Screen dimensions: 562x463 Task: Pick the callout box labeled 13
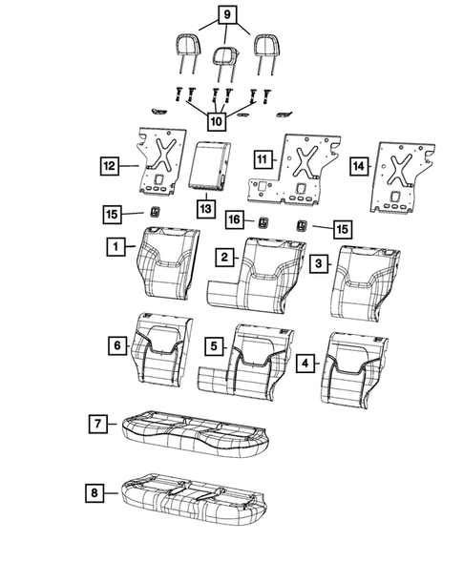click(x=204, y=206)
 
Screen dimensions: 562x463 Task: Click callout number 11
click(x=262, y=157)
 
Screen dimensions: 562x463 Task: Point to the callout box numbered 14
click(x=357, y=166)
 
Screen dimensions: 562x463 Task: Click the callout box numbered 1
click(x=113, y=246)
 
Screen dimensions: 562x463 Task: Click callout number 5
click(x=217, y=343)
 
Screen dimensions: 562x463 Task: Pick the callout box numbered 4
click(x=306, y=363)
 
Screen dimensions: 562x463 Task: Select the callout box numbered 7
click(x=97, y=421)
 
